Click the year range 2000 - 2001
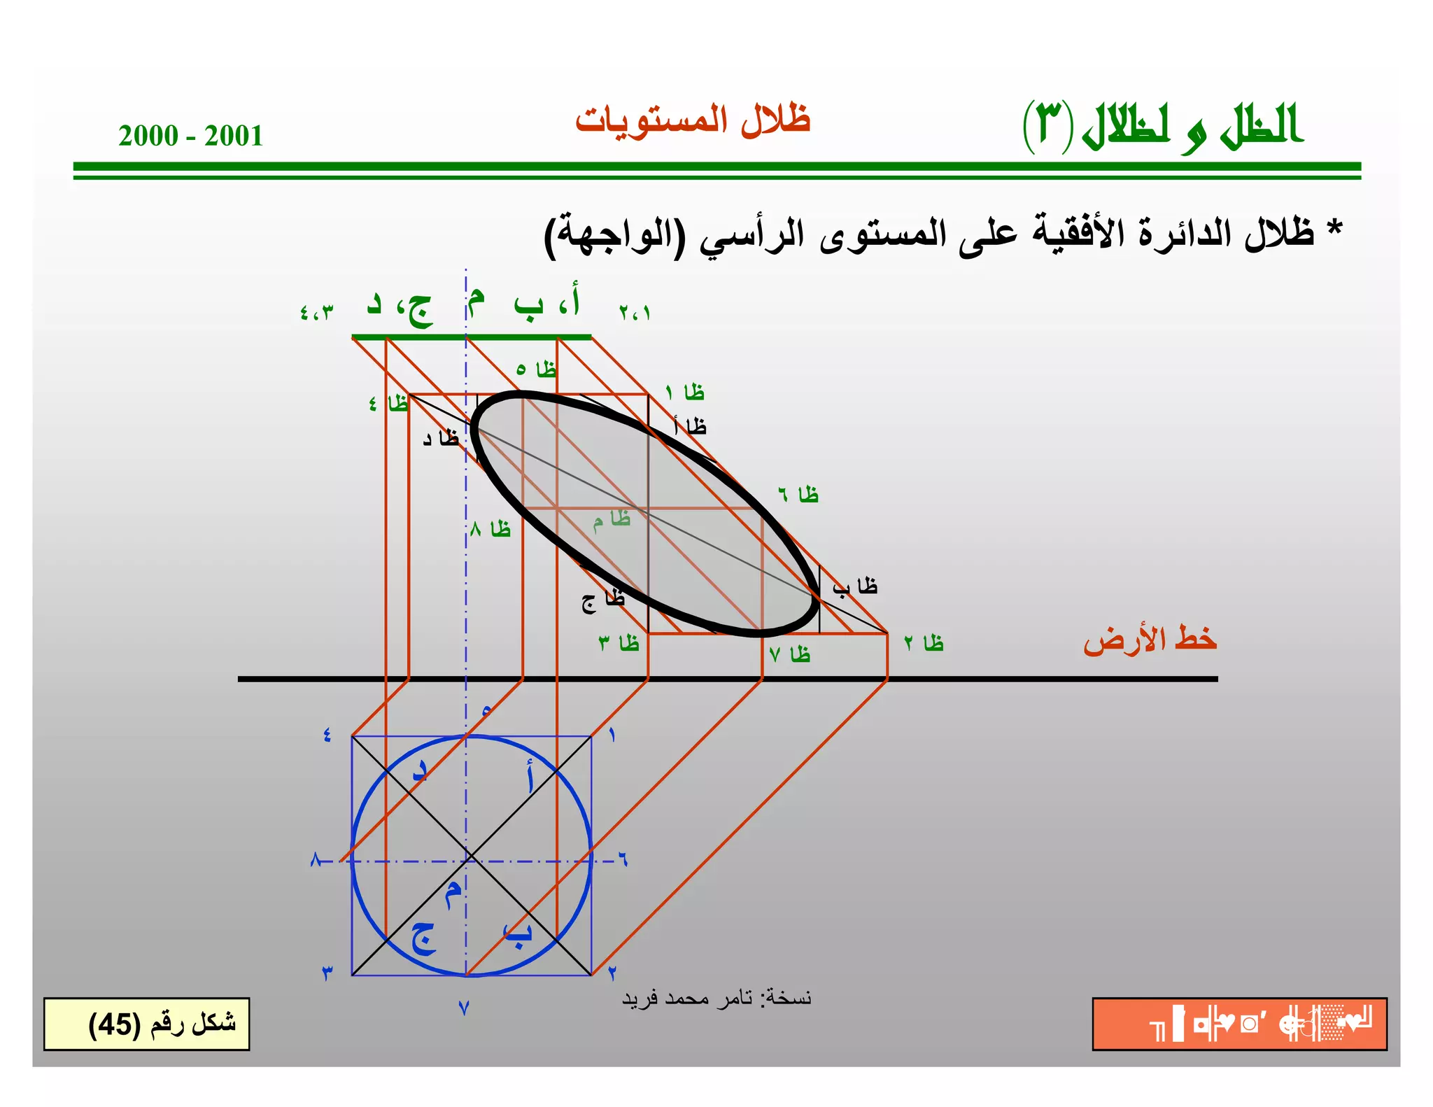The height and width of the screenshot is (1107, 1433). pos(190,136)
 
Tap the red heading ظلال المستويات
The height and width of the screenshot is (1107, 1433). pos(692,120)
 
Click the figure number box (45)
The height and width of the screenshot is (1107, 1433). pos(146,1024)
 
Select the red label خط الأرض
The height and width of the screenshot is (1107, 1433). pos(1150,639)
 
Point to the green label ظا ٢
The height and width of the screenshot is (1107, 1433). pos(924,642)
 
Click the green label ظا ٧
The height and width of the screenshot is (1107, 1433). pos(790,655)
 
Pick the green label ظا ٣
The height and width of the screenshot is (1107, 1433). pos(619,642)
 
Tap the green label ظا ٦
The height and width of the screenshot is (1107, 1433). pos(798,495)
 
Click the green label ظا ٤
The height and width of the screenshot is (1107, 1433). pos(389,404)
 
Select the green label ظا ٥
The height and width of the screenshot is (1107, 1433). pos(536,369)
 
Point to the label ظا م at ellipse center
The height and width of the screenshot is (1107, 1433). pos(612,520)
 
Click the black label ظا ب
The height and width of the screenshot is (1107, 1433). pos(855,586)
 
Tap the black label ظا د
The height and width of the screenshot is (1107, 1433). pos(441,439)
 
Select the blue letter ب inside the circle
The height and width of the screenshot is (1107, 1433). pos(518,934)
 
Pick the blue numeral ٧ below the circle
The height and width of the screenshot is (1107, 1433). pos(464,1008)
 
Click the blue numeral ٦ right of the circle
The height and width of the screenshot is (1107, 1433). pos(623,859)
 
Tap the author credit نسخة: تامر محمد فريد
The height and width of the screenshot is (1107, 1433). pos(716,998)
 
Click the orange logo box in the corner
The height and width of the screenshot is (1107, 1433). pos(1239,1024)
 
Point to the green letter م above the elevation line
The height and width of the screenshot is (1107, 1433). pos(476,301)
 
